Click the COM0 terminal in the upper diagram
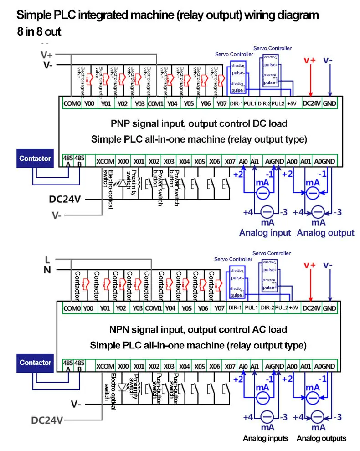point(72,103)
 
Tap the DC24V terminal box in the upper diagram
point(311,103)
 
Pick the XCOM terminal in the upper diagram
point(105,161)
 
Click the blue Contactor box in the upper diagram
point(35,159)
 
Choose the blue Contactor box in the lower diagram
point(35,363)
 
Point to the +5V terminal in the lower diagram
point(293,308)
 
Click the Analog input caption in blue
point(265,233)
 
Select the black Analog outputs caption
point(321,438)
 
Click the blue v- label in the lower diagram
point(328,265)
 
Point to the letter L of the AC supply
point(47,260)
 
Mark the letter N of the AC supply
point(47,270)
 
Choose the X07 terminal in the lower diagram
point(230,366)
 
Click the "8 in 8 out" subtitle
point(39,32)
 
